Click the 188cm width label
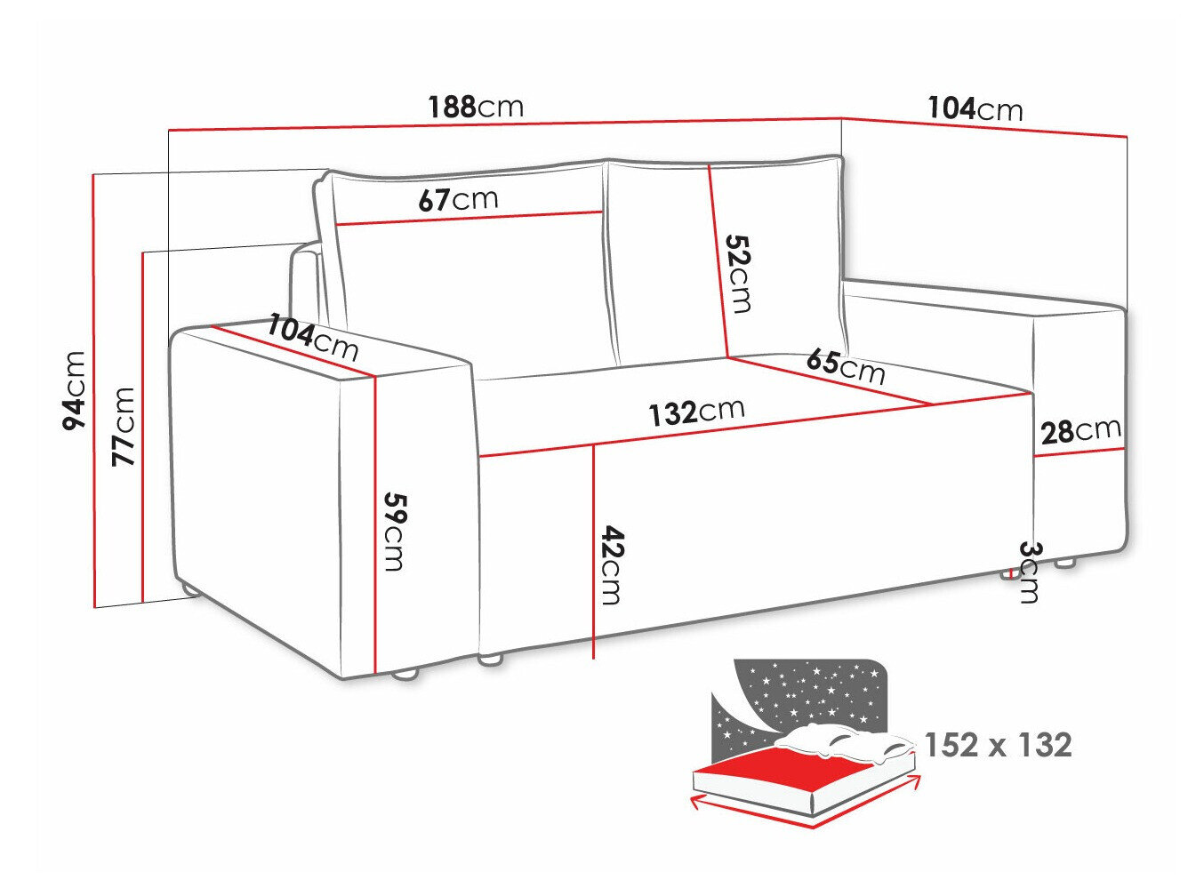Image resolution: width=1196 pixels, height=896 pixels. (x=476, y=108)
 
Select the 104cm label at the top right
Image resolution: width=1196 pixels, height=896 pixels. (x=975, y=109)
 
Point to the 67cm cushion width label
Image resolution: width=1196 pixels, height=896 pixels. (x=458, y=199)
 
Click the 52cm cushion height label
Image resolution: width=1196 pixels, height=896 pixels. (x=738, y=273)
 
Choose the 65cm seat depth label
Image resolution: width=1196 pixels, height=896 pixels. (x=846, y=365)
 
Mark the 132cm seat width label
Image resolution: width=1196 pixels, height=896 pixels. (x=696, y=412)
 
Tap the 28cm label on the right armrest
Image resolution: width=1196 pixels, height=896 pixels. (x=1080, y=431)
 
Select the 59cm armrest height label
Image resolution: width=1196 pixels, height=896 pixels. (x=393, y=530)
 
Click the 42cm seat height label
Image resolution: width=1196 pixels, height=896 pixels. (x=611, y=565)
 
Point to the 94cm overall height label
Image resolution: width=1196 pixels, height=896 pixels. (x=75, y=390)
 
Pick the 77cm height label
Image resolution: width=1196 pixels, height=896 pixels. (x=123, y=427)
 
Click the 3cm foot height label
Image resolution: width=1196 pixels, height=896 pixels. (x=1029, y=571)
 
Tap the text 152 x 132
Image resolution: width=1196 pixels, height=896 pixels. (x=998, y=745)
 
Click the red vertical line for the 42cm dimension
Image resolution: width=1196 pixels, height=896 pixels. (x=593, y=551)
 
